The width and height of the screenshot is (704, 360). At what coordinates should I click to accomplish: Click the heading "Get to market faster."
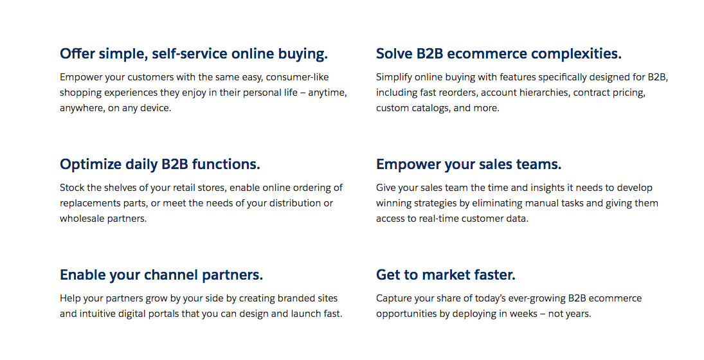tap(446, 274)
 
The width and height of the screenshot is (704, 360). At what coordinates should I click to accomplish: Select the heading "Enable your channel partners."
tap(161, 274)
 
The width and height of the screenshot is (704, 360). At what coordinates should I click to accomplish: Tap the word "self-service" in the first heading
tap(190, 54)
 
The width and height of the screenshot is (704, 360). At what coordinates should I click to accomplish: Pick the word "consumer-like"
tap(297, 77)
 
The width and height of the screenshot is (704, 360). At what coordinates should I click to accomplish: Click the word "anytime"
tap(327, 93)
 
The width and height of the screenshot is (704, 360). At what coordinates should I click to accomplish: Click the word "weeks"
tap(524, 314)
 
